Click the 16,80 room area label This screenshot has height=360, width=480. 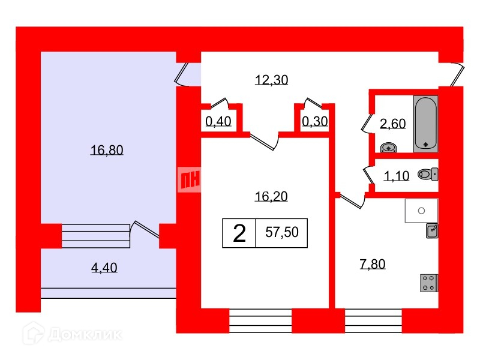107,151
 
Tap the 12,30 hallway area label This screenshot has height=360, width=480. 272,80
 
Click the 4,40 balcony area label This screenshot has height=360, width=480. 104,268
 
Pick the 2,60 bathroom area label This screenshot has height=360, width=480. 393,124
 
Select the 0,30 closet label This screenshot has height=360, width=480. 315,122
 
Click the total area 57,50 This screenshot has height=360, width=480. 282,233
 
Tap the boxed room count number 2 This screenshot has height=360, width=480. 239,233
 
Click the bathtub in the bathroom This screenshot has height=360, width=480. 426,122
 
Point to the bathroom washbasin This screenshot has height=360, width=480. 388,145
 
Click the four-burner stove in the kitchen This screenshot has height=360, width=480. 429,282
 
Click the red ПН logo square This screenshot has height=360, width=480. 190,179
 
